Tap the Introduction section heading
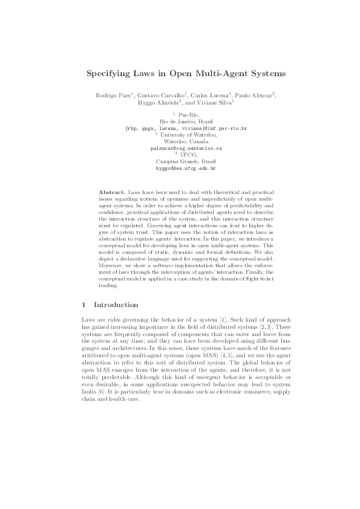tap(116, 305)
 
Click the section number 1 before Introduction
tap(83, 305)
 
